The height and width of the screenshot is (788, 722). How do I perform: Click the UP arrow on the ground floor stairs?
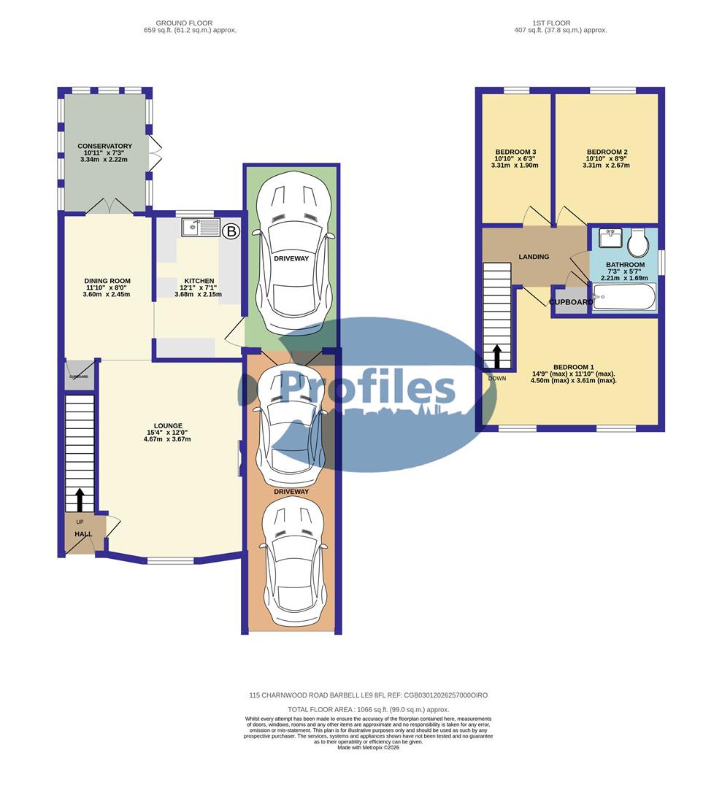79,501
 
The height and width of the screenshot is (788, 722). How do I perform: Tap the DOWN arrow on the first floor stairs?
497,356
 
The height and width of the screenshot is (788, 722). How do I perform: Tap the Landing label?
534,257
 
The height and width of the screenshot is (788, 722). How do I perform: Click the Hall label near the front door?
82,534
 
